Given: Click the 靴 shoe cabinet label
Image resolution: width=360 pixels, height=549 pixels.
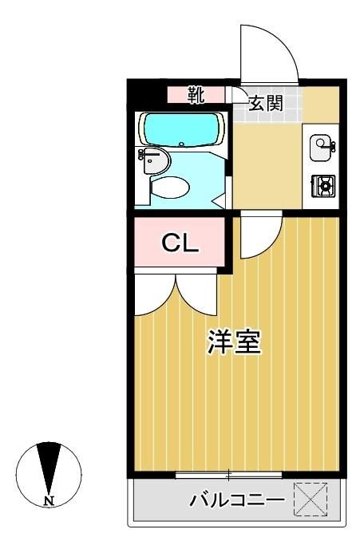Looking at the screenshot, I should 196,95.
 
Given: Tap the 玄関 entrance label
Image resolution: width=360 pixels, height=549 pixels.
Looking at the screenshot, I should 264,103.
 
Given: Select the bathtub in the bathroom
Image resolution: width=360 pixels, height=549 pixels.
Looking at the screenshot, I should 180,128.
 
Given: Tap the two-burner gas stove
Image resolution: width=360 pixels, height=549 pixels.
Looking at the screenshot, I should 323,186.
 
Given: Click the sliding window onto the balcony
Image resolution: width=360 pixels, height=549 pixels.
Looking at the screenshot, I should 228,476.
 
